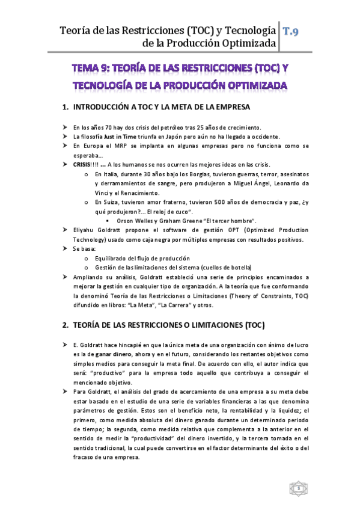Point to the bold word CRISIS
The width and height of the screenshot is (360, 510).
click(x=82, y=165)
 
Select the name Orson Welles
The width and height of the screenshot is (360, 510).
click(x=135, y=221)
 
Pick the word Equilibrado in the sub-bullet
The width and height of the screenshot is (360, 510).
click(x=111, y=257)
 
